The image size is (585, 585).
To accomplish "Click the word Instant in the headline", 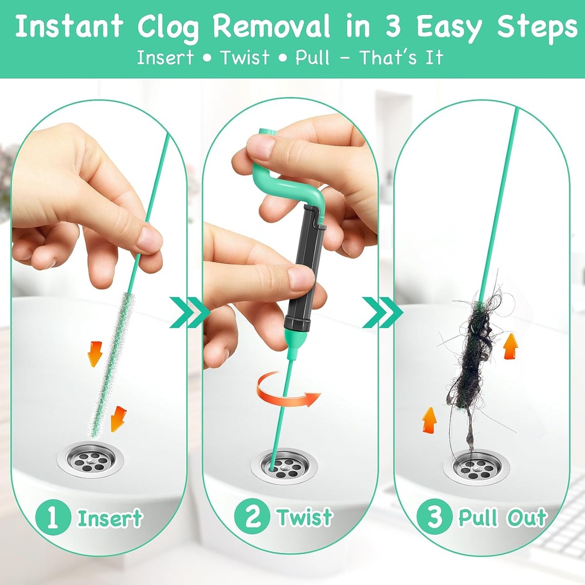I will click(x=69, y=26).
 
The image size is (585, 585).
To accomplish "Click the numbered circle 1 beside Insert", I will click(x=53, y=518).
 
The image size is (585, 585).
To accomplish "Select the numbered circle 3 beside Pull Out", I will click(x=434, y=518).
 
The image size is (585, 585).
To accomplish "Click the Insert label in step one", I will click(x=110, y=518).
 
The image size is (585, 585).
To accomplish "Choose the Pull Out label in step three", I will click(x=503, y=518).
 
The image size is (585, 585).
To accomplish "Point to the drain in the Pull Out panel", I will click(x=476, y=466).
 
